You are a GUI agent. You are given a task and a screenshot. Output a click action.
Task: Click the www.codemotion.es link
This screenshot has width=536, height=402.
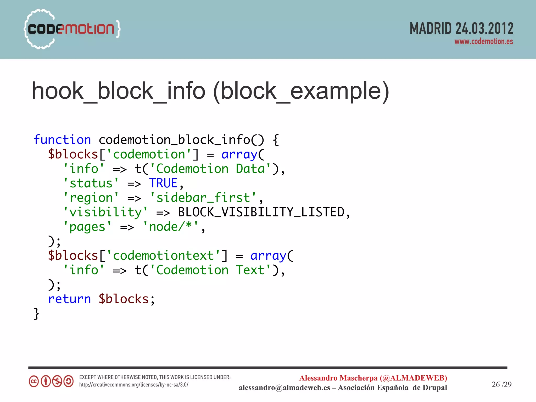pyautogui.click(x=483, y=42)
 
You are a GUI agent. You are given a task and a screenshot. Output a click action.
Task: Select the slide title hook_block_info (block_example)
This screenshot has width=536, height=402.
pyautogui.click(x=210, y=91)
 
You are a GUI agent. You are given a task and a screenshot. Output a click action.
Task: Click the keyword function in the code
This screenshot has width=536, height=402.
pyautogui.click(x=62, y=140)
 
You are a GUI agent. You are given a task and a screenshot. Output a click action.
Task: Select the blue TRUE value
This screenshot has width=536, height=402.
pyautogui.click(x=163, y=183)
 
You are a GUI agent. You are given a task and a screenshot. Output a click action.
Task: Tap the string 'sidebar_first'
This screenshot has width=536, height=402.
pyautogui.click(x=203, y=198)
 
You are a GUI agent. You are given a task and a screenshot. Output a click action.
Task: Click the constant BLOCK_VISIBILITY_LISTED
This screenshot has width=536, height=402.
pyautogui.click(x=261, y=212)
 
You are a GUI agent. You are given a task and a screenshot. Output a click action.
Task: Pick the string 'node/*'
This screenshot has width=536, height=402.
pyautogui.click(x=170, y=227)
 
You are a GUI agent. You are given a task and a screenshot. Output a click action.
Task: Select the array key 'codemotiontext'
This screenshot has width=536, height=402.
pyautogui.click(x=164, y=256)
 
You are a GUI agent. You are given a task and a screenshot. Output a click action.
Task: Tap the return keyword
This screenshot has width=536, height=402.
pyautogui.click(x=69, y=299)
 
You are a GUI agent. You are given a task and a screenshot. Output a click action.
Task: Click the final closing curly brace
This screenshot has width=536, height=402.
pyautogui.click(x=37, y=314)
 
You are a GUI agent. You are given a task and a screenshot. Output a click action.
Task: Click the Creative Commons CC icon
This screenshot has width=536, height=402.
pyautogui.click(x=34, y=381)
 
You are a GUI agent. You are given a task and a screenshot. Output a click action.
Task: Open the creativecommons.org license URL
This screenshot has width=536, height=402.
pyautogui.click(x=134, y=385)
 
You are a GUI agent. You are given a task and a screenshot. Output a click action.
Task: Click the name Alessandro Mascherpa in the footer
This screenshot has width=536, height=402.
pyautogui.click(x=338, y=378)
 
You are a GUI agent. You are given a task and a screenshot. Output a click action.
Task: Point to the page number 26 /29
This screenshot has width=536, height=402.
pyautogui.click(x=501, y=384)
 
